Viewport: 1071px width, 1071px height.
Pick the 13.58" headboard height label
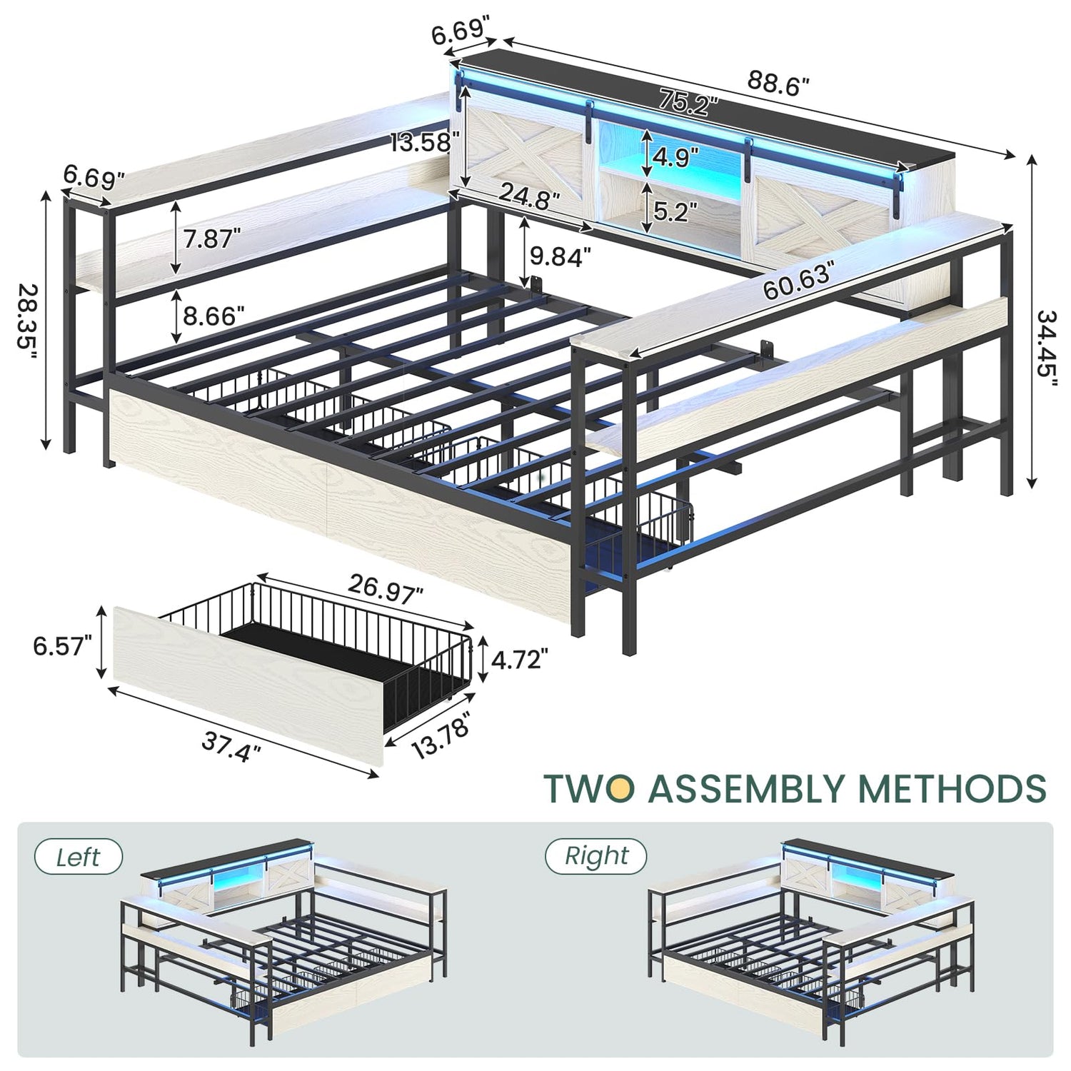pos(421,142)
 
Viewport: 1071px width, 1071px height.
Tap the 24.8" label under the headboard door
pos(529,196)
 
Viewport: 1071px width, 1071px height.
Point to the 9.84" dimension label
pos(560,256)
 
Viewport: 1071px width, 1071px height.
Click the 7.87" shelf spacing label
pos(211,238)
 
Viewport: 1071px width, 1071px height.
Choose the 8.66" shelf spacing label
pos(213,315)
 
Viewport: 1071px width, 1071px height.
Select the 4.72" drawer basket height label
pos(519,659)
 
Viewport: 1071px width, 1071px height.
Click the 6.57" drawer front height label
pos(63,645)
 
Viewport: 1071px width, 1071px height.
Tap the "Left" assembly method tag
pos(79,857)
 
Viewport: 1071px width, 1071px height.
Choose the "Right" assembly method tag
pos(596,855)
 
